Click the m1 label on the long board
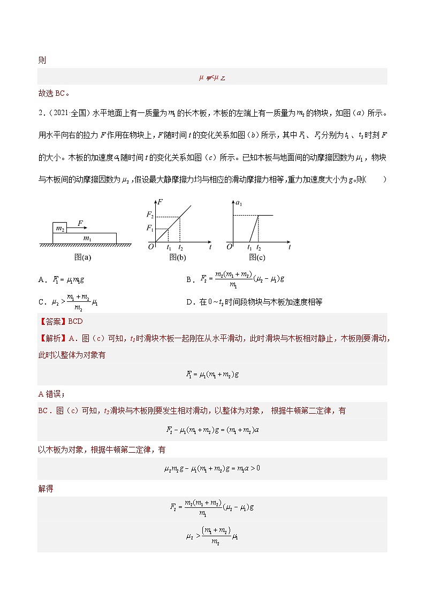(x=86, y=237)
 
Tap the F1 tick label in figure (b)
(x=150, y=229)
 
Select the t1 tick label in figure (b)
(x=169, y=247)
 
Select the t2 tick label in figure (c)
(x=259, y=247)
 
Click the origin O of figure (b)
(x=151, y=247)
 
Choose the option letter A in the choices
(x=41, y=279)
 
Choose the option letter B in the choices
(x=189, y=279)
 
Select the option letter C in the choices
(x=41, y=302)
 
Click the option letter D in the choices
(x=189, y=302)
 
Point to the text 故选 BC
(x=52, y=93)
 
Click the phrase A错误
(x=51, y=394)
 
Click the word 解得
(x=45, y=489)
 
